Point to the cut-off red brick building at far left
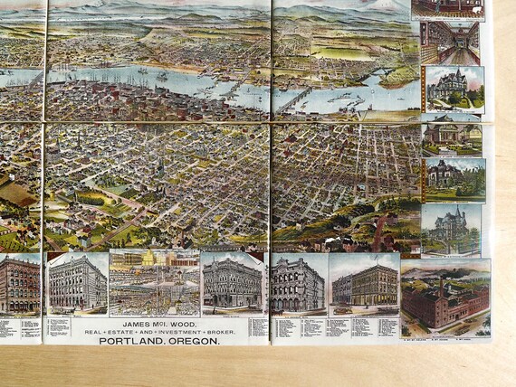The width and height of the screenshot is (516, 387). coord(19,285)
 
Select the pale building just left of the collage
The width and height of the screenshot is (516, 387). coord(76,282)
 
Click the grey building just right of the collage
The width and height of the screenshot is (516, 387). coord(233,283)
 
